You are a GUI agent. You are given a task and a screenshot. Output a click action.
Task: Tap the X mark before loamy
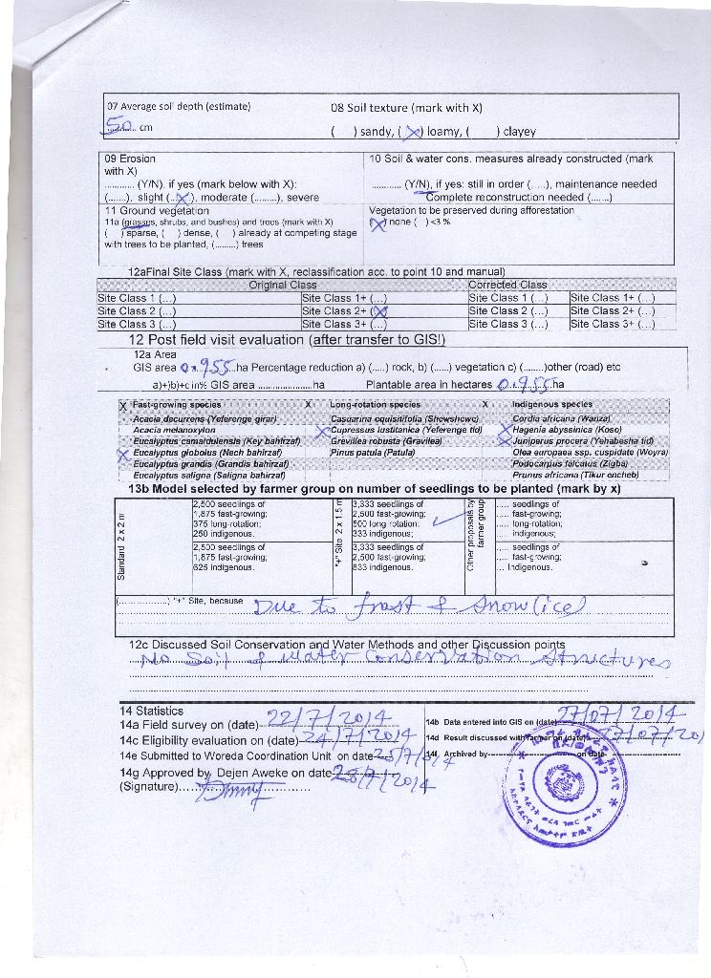(414, 132)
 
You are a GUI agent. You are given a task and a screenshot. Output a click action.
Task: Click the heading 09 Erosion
(130, 159)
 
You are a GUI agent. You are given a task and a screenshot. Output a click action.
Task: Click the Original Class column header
(283, 285)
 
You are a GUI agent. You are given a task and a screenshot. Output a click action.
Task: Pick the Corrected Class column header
(507, 285)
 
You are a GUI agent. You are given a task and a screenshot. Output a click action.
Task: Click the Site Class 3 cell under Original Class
(137, 324)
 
